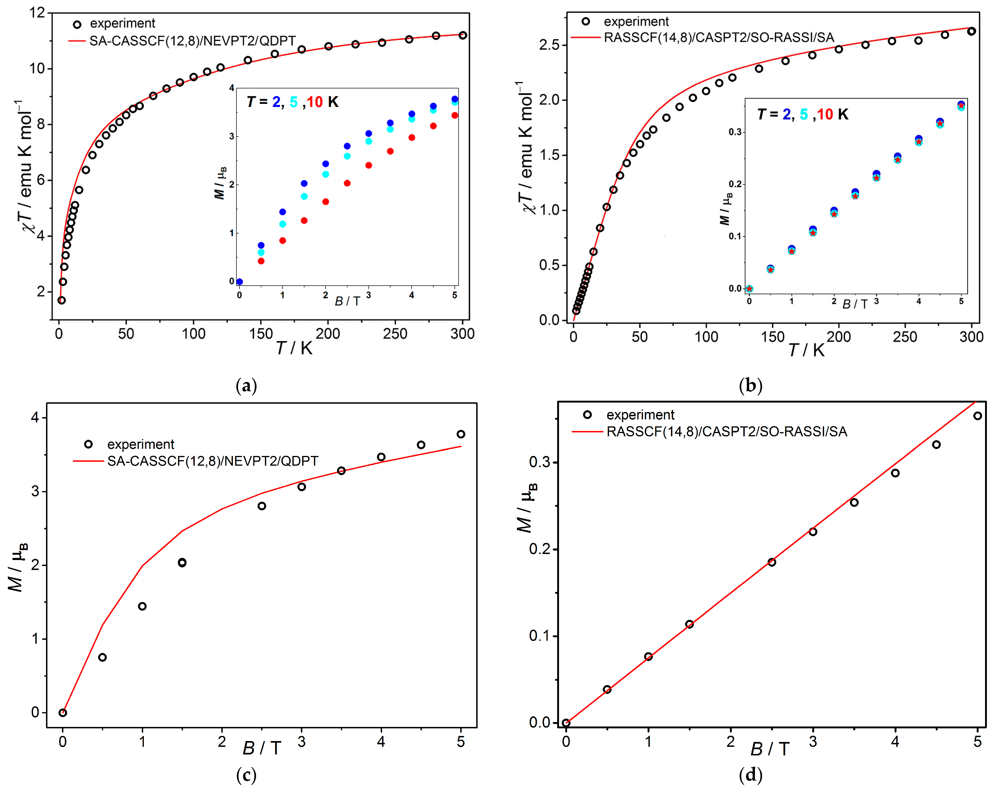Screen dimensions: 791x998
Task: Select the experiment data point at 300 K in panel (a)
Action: coord(462,35)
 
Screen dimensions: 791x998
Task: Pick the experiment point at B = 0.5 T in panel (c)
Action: coord(102,657)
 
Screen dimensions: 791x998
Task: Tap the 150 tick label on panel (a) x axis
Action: coord(261,334)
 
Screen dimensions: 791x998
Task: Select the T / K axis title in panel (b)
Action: coord(806,350)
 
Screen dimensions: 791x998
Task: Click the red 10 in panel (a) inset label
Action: coord(315,102)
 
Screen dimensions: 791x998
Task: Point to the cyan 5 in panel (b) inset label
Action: coord(803,114)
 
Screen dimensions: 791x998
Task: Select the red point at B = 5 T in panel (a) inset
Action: coord(454,115)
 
